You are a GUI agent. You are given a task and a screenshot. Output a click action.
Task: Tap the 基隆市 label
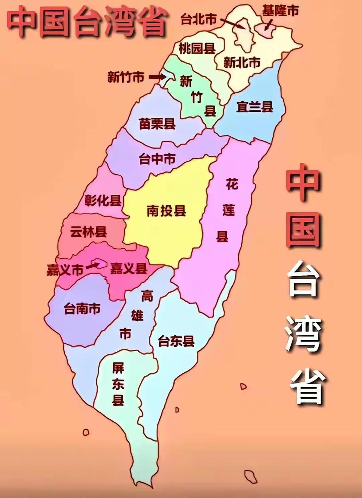pyautogui.click(x=280, y=11)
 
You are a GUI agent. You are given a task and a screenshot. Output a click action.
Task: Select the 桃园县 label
pyautogui.click(x=197, y=49)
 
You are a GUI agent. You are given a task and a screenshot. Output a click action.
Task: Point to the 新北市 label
pyautogui.click(x=242, y=62)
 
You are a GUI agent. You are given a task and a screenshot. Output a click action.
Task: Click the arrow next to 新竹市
pyautogui.click(x=158, y=77)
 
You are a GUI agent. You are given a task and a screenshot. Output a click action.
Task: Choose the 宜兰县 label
pyautogui.click(x=254, y=107)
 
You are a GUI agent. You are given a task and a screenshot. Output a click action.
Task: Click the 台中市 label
pyautogui.click(x=157, y=159)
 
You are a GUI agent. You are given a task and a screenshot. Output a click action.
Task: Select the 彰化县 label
pyautogui.click(x=103, y=200)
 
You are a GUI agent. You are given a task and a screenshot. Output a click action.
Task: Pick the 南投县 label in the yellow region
pyautogui.click(x=166, y=211)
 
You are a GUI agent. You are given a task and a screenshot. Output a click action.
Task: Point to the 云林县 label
pyautogui.click(x=88, y=231)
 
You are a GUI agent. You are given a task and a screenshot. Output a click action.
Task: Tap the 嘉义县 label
pyautogui.click(x=129, y=268)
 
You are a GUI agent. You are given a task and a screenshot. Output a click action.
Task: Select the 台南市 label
pyautogui.click(x=82, y=309)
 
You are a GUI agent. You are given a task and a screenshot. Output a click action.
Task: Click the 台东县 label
pyautogui.click(x=176, y=341)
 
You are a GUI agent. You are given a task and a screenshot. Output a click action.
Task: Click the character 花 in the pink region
pyautogui.click(x=232, y=184)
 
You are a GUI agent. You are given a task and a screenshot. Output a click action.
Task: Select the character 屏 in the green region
pyautogui.click(x=118, y=368)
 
